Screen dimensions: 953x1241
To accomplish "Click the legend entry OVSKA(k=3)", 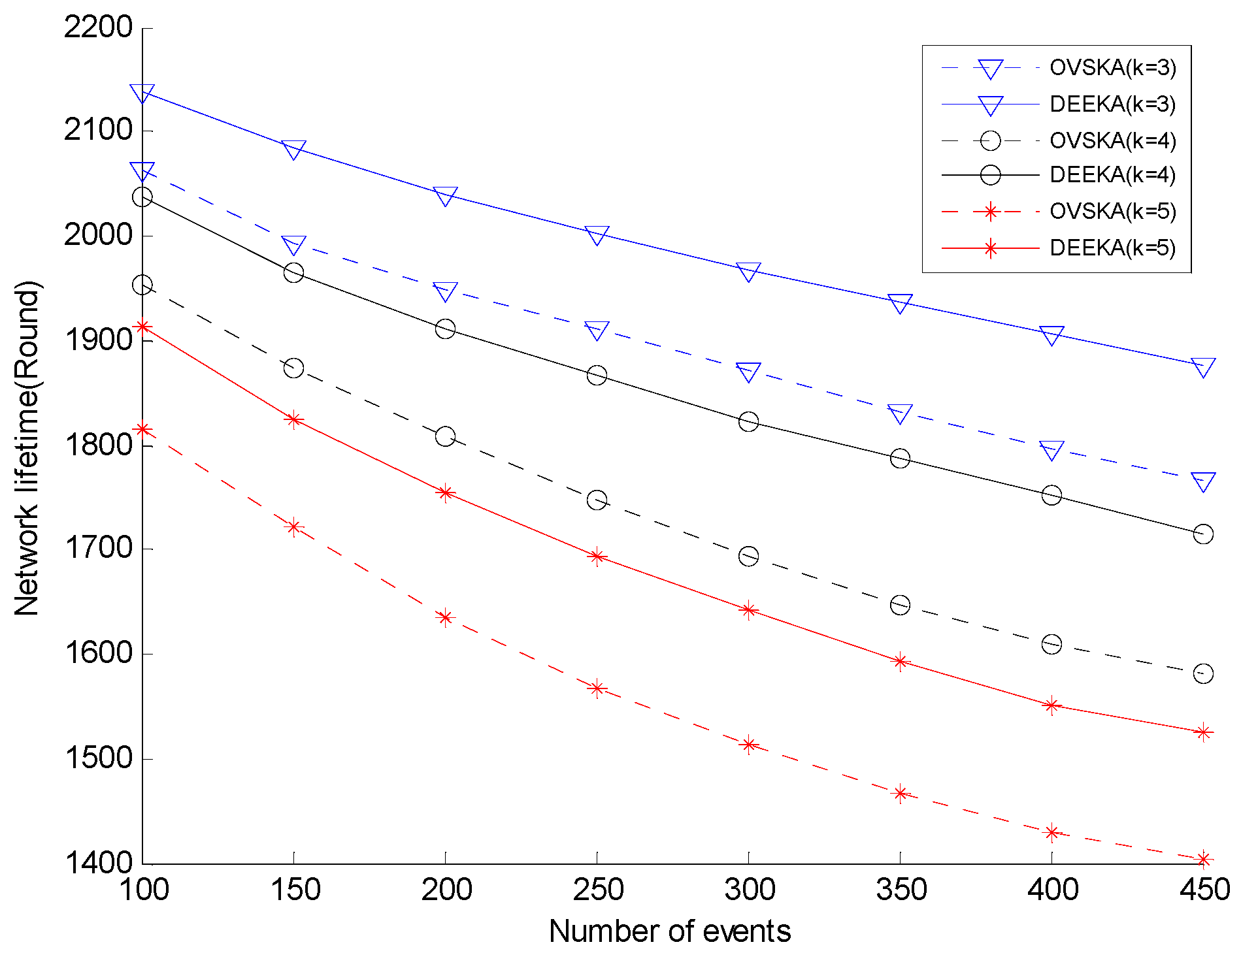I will pyautogui.click(x=1112, y=68).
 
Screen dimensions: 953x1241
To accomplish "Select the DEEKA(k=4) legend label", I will pyautogui.click(x=1112, y=175).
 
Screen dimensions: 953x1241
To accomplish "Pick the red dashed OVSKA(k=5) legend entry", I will pyautogui.click(x=1112, y=212).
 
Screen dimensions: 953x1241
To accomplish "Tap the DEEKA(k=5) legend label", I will pyautogui.click(x=1112, y=248).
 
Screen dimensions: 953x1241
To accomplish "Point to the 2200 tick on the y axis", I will pyautogui.click(x=98, y=27).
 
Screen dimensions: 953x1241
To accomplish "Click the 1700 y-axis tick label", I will pyautogui.click(x=98, y=549).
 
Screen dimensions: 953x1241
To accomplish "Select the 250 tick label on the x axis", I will pyautogui.click(x=597, y=890).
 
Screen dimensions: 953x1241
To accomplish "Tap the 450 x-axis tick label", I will pyautogui.click(x=1204, y=890).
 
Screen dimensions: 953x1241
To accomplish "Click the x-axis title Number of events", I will pyautogui.click(x=670, y=931).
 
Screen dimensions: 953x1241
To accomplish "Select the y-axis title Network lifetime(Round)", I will pyautogui.click(x=27, y=448).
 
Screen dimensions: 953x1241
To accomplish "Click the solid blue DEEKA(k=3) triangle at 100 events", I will pyautogui.click(x=142, y=93).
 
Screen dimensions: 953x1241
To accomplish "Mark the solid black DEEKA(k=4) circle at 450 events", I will pyautogui.click(x=1203, y=534).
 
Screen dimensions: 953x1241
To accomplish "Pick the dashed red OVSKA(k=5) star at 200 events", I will pyautogui.click(x=446, y=617).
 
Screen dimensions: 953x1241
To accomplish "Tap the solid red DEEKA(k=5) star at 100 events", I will pyautogui.click(x=143, y=327).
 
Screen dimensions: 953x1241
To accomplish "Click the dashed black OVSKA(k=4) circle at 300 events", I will pyautogui.click(x=748, y=557).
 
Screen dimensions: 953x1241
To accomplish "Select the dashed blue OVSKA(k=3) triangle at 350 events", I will pyautogui.click(x=900, y=413).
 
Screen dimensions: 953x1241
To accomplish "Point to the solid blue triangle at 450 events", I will pyautogui.click(x=1203, y=366).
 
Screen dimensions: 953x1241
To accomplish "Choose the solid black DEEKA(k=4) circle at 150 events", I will pyautogui.click(x=294, y=272).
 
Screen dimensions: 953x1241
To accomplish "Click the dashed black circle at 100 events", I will pyautogui.click(x=142, y=285).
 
